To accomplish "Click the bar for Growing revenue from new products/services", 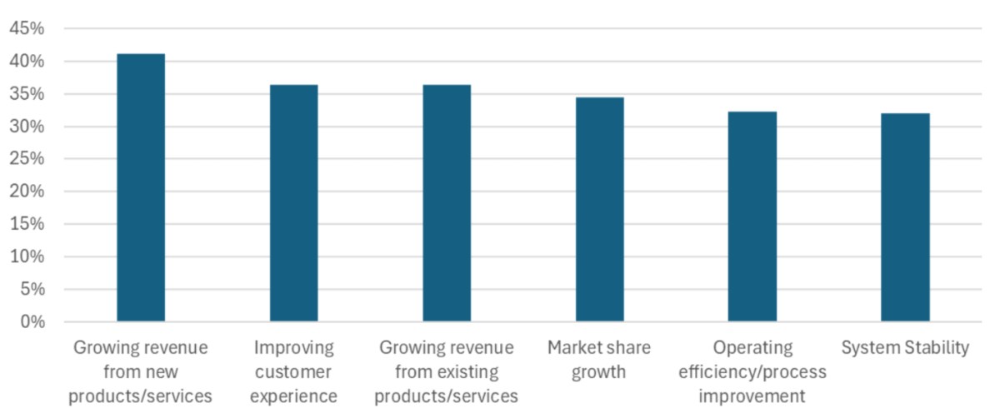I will click(141, 187).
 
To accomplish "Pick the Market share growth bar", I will click(599, 209).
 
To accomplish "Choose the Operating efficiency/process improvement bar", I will click(752, 216).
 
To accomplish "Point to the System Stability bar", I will click(905, 216).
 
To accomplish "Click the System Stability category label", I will click(905, 347).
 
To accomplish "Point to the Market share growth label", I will click(599, 359).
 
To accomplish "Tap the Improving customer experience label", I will click(293, 371).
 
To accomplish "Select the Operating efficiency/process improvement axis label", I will click(752, 371).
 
